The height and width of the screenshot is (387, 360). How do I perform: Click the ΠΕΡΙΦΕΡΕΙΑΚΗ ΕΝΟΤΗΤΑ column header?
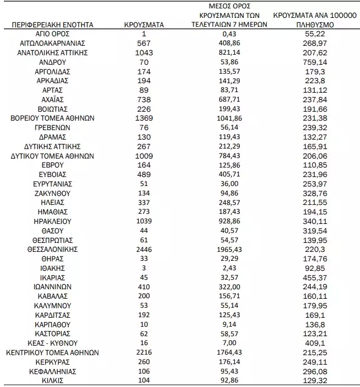[51, 25]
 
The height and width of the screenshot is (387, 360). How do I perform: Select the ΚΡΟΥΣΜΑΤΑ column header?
[143, 25]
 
